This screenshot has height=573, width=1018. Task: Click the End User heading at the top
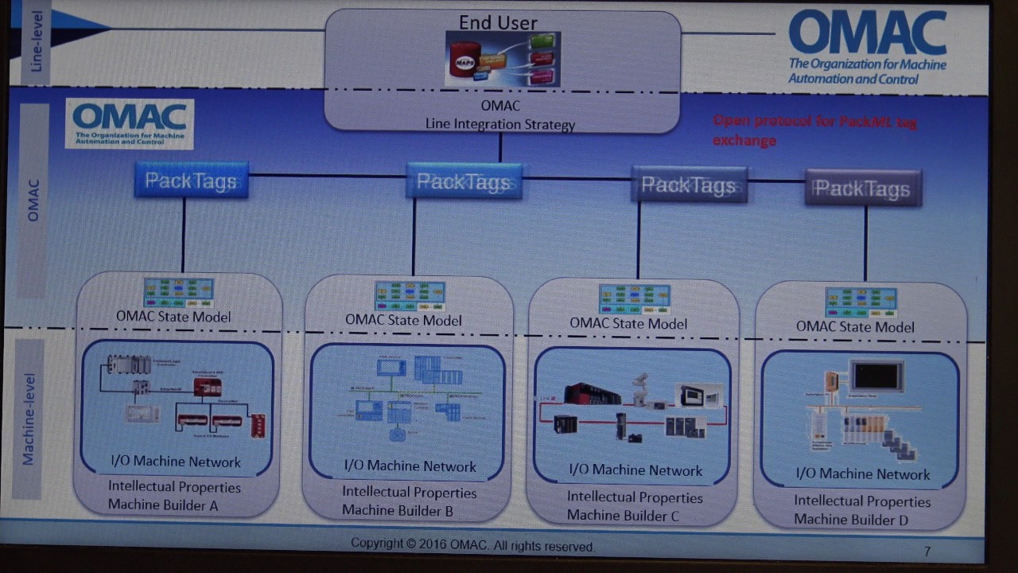pos(498,22)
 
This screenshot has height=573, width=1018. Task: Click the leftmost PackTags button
pos(191,181)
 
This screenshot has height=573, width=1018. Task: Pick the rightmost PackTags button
pos(862,189)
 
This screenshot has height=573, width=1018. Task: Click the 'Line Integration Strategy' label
pos(500,124)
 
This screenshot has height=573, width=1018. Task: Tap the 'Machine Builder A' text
pos(163,505)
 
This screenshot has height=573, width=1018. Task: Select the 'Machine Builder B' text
pos(398,511)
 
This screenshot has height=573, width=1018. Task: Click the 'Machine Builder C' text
pos(623,516)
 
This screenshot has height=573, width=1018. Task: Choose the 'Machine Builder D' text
pos(851,520)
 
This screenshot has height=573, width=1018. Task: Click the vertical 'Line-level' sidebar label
pos(36,41)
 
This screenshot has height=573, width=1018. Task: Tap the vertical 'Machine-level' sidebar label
pos(29,419)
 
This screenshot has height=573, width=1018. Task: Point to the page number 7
pos(927,551)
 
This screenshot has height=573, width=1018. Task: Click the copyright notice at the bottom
pos(472,545)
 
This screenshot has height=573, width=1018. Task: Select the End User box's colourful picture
pos(503,59)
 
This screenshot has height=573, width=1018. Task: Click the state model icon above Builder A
pos(178,293)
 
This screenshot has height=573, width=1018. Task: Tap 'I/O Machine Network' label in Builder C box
pos(635,470)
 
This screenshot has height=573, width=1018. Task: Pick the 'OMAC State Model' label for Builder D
pos(855,326)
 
